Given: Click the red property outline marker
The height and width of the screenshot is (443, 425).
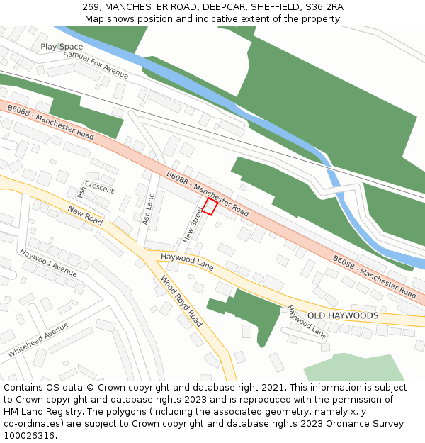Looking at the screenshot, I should (x=210, y=206).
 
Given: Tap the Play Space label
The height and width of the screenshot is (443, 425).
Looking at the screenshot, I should (x=62, y=47).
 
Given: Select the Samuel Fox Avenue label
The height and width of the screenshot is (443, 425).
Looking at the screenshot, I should (x=96, y=65).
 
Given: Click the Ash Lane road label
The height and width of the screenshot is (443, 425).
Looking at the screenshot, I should (x=148, y=210).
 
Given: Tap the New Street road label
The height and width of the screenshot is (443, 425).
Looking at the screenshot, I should (x=193, y=225).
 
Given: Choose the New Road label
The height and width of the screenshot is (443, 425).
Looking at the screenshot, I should (x=85, y=215).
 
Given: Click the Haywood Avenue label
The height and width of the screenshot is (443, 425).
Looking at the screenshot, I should (x=48, y=262).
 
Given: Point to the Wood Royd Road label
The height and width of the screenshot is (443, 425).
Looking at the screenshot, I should (x=181, y=302).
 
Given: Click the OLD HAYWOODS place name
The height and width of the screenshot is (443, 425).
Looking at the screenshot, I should (x=342, y=315).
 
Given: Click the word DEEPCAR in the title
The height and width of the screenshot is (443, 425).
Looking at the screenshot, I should (x=202, y=7).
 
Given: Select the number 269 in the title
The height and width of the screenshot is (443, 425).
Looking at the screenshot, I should (x=91, y=7).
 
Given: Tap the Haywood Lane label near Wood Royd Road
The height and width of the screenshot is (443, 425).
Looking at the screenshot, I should (x=187, y=262).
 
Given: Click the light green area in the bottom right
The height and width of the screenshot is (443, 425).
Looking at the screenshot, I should (x=354, y=367).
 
